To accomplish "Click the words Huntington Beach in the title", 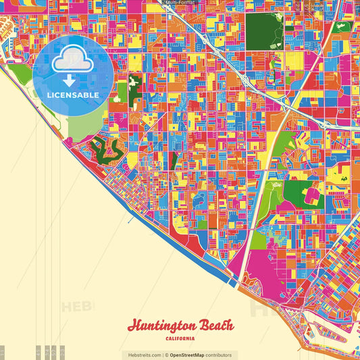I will pyautogui.click(x=180, y=325).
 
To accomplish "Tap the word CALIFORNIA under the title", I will pyautogui.click(x=180, y=338).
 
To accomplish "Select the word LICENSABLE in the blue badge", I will pyautogui.click(x=72, y=95).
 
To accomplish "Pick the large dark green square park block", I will pyautogui.click(x=265, y=30).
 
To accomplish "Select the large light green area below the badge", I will pyautogui.click(x=84, y=126).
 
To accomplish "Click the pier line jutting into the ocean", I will pyautogui.click(x=129, y=220).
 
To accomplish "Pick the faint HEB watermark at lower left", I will pyautogui.click(x=78, y=307).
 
